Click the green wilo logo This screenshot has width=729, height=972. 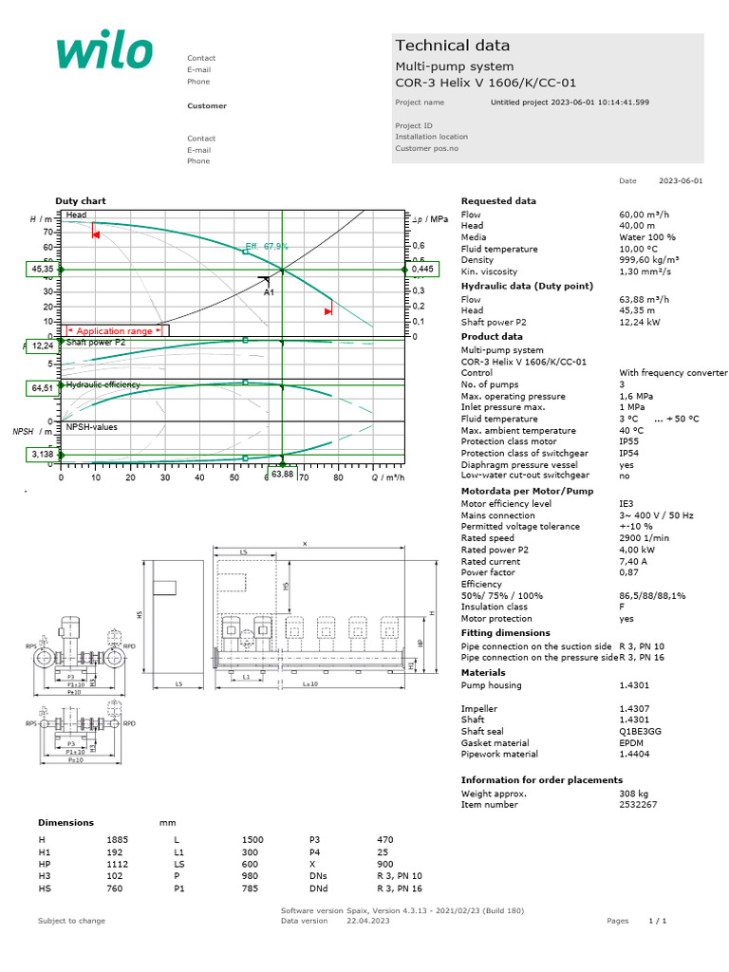104,52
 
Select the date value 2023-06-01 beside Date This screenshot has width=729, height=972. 681,180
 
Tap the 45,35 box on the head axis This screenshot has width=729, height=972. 42,270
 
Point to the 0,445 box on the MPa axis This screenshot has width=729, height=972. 423,270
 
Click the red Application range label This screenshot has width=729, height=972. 114,331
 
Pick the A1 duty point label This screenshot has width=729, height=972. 269,293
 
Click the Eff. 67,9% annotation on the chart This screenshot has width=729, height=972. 267,246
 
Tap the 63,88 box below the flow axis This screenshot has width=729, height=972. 282,474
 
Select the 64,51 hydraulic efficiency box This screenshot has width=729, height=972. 42,387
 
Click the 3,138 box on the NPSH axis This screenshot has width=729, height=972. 42,456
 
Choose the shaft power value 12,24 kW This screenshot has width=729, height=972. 638,322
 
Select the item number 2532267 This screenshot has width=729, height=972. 638,804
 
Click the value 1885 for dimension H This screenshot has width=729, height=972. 117,840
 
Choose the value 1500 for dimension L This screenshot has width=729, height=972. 252,840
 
